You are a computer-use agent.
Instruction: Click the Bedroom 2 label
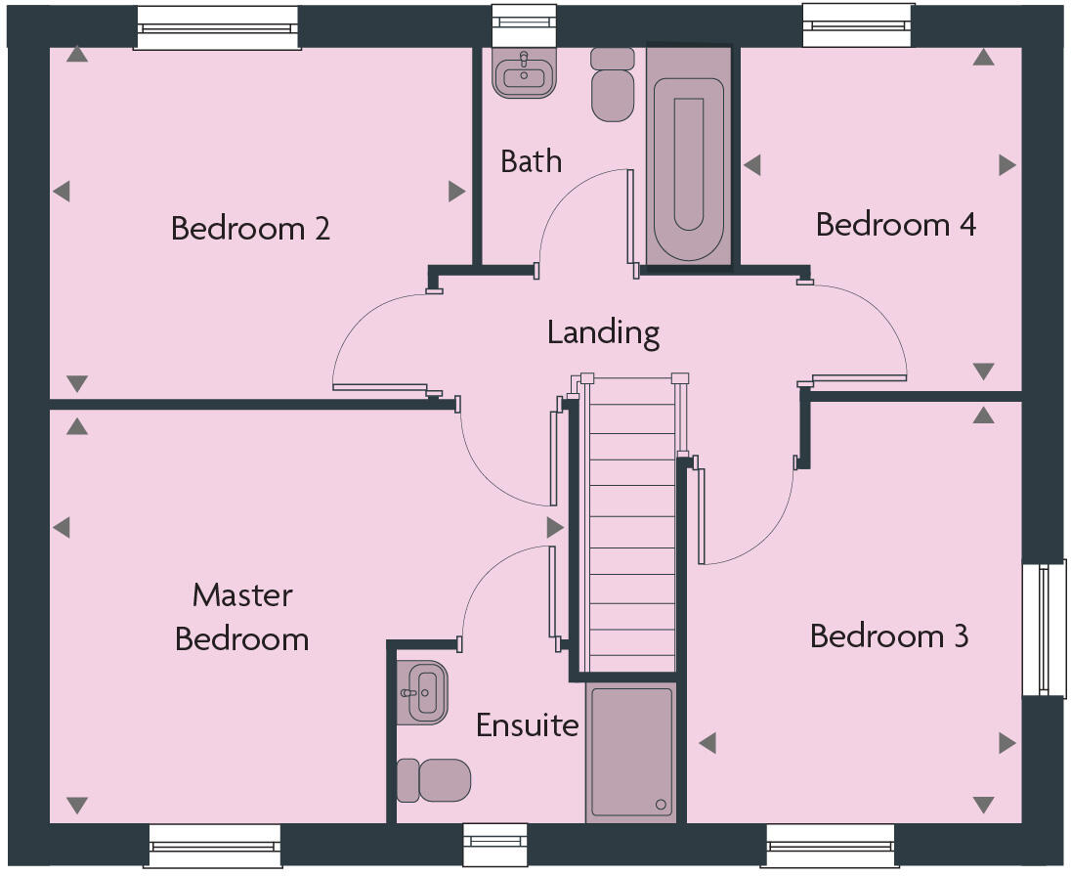coord(250,229)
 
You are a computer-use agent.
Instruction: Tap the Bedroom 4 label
coord(895,225)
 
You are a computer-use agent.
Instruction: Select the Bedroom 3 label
coord(889,636)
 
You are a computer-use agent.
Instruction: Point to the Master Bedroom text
coord(242,617)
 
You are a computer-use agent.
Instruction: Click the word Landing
coord(603,332)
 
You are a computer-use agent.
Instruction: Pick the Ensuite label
coord(527,725)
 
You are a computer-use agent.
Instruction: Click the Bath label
coord(531,160)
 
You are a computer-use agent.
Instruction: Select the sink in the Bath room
coord(525,73)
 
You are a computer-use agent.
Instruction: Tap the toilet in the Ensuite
coord(435,780)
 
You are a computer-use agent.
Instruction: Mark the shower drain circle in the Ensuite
coord(661,805)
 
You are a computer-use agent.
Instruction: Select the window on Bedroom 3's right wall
coord(1044,629)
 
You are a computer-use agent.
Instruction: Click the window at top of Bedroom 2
coord(217,27)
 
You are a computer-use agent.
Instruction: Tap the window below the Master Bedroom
coord(215,846)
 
